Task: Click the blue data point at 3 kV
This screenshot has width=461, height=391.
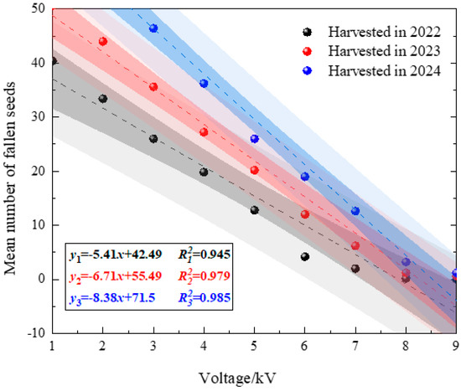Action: [x=153, y=28]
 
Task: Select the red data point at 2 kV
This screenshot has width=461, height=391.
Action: [x=102, y=41]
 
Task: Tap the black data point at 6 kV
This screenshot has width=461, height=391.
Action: [x=305, y=256]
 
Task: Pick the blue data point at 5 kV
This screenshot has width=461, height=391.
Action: [x=254, y=139]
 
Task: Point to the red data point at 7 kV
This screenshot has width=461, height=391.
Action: [x=355, y=245]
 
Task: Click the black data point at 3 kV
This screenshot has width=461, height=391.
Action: [x=153, y=139]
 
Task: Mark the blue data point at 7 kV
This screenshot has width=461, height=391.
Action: [x=355, y=211]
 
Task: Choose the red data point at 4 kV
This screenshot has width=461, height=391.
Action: [x=204, y=132]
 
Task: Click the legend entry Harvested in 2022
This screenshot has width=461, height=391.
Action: [x=371, y=32]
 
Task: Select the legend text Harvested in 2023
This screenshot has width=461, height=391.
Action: [x=384, y=51]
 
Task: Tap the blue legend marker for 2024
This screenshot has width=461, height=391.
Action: [x=308, y=70]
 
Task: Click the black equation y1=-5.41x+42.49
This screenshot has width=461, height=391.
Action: [x=116, y=255]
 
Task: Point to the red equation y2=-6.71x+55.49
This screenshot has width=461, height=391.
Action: [x=116, y=276]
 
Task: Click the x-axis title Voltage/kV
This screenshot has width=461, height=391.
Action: [x=237, y=378]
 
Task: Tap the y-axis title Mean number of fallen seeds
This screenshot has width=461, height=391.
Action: [x=10, y=178]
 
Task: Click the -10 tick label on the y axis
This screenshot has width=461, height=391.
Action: [x=36, y=333]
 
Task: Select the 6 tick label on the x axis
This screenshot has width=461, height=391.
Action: [x=304, y=346]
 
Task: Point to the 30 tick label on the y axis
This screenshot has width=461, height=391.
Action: [x=39, y=116]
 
